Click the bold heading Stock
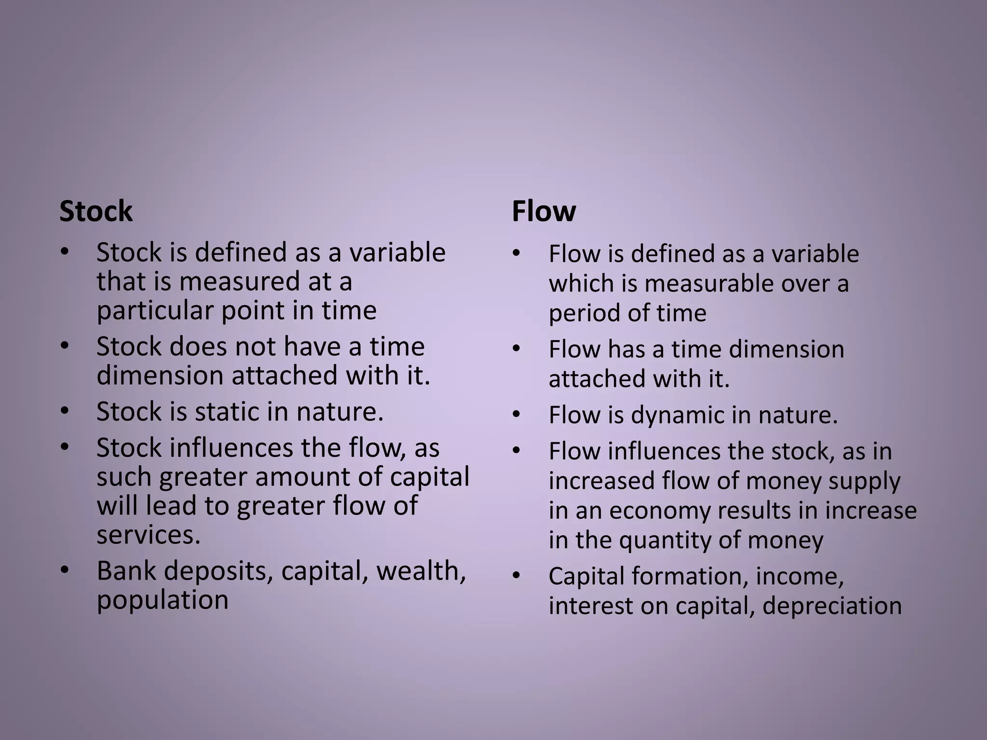(95, 211)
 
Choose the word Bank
(126, 571)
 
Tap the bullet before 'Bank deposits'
(65, 571)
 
